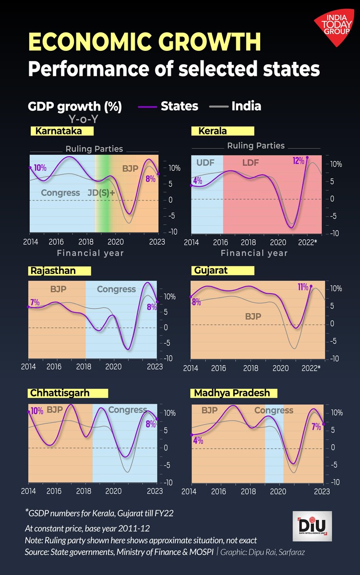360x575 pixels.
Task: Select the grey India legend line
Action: coord(218,107)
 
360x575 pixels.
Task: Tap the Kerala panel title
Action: coord(209,131)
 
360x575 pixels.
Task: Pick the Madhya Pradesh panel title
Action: coord(231,393)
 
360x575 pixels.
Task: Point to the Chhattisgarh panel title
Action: coord(60,393)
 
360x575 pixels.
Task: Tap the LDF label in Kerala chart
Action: coord(250,163)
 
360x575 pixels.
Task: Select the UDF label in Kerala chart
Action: coord(205,163)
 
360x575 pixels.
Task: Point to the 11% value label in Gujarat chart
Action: coord(303,287)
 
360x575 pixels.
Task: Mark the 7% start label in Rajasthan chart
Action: coord(35,302)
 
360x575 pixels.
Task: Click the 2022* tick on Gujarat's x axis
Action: coord(311,368)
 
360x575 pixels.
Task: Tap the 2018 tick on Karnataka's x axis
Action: coord(86,241)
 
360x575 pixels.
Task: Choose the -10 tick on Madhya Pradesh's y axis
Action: coord(336,482)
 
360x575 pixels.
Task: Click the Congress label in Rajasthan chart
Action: coord(116,289)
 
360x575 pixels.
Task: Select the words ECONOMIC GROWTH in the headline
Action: coord(144,42)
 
